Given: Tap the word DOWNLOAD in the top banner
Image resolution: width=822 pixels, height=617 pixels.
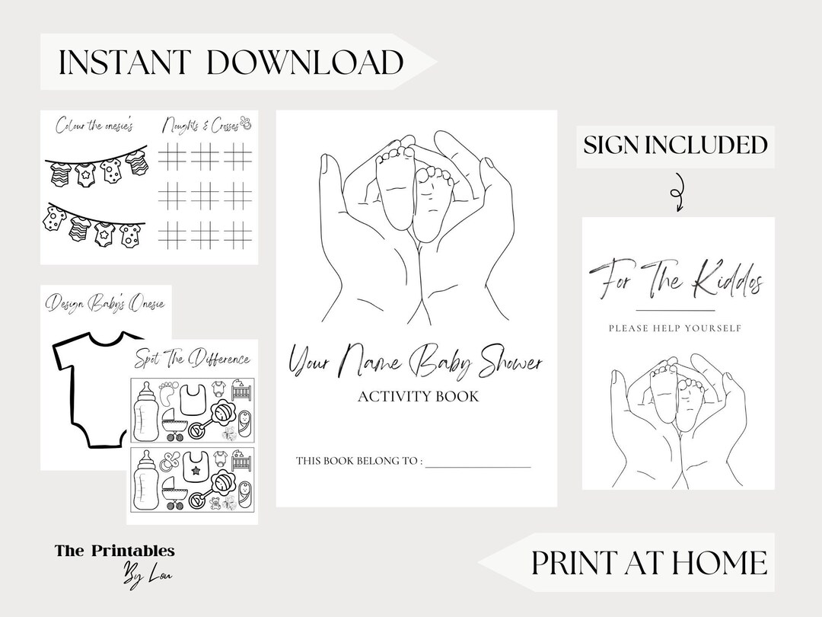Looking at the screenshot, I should coord(304,62).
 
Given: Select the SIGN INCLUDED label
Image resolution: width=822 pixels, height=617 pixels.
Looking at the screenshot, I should coord(675,145).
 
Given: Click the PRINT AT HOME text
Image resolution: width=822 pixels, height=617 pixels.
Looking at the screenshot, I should coord(649,562).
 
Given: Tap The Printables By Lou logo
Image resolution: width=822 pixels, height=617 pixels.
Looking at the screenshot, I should coord(114,561).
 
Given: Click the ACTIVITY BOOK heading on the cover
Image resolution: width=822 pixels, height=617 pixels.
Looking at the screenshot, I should coord(416,396).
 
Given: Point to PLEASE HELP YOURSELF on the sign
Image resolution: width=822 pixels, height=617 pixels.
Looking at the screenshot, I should coord(675,329).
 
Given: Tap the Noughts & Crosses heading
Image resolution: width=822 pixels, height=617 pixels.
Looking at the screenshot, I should coord(203,124).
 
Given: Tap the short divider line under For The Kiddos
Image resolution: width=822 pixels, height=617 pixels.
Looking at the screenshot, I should coord(675,311).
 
